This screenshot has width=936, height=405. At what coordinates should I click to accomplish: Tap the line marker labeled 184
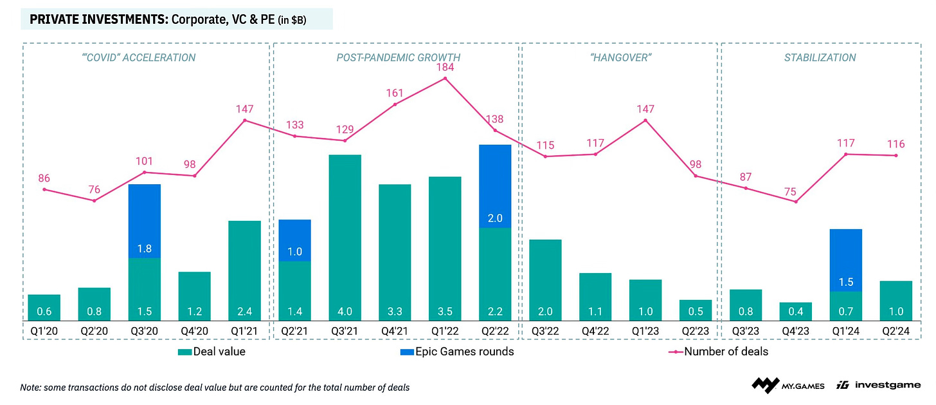[x=445, y=79]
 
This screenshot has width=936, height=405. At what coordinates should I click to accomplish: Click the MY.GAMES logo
[x=788, y=386]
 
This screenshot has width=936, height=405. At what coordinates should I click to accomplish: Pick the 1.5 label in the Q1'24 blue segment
[x=846, y=282]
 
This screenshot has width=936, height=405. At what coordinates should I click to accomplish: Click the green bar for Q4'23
[x=796, y=311]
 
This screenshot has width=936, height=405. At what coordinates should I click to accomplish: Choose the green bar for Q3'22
[x=545, y=280]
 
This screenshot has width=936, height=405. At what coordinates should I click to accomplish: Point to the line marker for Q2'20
[x=94, y=200]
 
